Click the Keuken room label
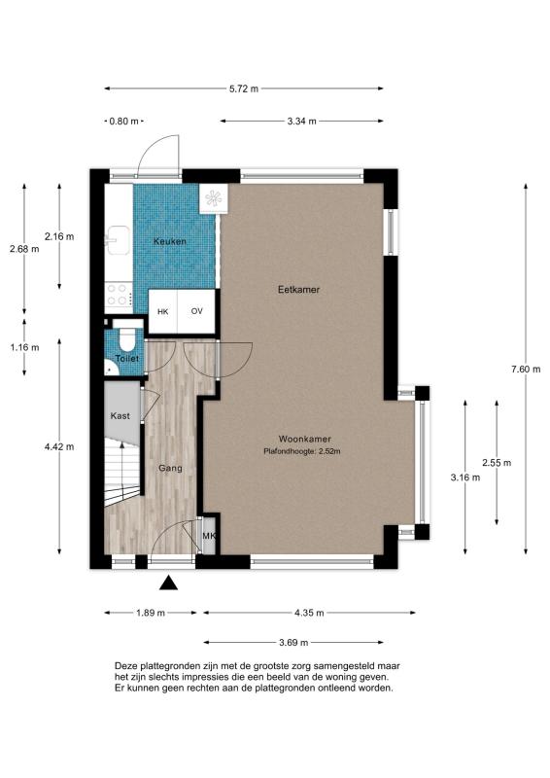pos(170,241)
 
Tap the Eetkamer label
pos(298,289)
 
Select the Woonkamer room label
pos(304,439)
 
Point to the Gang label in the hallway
pos(170,468)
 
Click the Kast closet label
pos(120,416)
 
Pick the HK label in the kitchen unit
pos(162,311)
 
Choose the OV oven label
pos(197,311)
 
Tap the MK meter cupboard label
pos(209,537)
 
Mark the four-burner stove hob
pos(119,295)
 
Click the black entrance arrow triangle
pos(169,583)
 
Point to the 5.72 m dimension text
pos(243,88)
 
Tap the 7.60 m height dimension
pos(526,369)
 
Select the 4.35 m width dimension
pos(309,613)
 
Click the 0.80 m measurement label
pos(123,121)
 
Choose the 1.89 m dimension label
pos(151,613)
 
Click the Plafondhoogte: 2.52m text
pos(301,451)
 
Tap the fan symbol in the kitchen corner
pos(213,198)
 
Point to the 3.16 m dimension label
pos(465,477)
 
